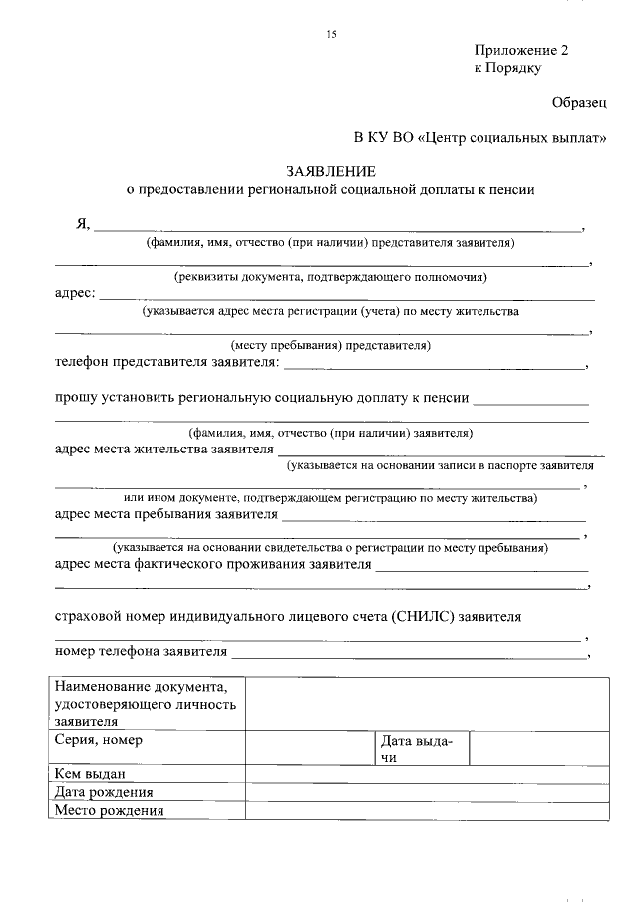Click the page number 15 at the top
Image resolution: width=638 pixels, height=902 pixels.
pos(332,36)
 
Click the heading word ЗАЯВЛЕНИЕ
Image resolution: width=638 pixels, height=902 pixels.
pos(330,171)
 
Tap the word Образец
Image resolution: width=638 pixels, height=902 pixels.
pos(580,102)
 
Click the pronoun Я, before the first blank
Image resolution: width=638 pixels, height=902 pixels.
pos(83,224)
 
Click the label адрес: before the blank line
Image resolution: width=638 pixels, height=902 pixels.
pos(76,294)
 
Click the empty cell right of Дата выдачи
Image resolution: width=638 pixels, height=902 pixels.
pos(538,750)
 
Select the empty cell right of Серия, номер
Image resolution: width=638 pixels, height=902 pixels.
pos(309,750)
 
